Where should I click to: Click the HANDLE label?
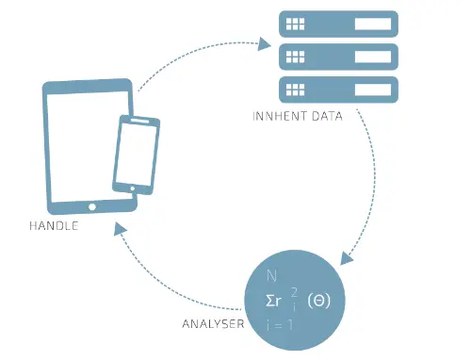54,226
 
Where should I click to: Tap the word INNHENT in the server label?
280,116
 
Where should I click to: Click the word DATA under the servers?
327,116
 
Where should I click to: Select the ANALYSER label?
213,324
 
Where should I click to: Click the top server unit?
338,25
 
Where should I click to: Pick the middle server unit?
338,57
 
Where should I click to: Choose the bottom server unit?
338,90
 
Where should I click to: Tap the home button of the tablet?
92,207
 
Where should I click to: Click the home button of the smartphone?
133,188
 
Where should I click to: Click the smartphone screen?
136,154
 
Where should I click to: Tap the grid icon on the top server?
295,24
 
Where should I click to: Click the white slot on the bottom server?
373,90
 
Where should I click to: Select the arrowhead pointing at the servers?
264,44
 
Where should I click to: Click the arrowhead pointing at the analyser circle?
347,258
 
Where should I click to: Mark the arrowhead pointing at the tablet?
120,229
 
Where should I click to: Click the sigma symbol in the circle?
269,301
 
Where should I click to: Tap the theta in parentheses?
319,301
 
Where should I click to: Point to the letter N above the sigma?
271,276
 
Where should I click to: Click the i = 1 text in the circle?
280,325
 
